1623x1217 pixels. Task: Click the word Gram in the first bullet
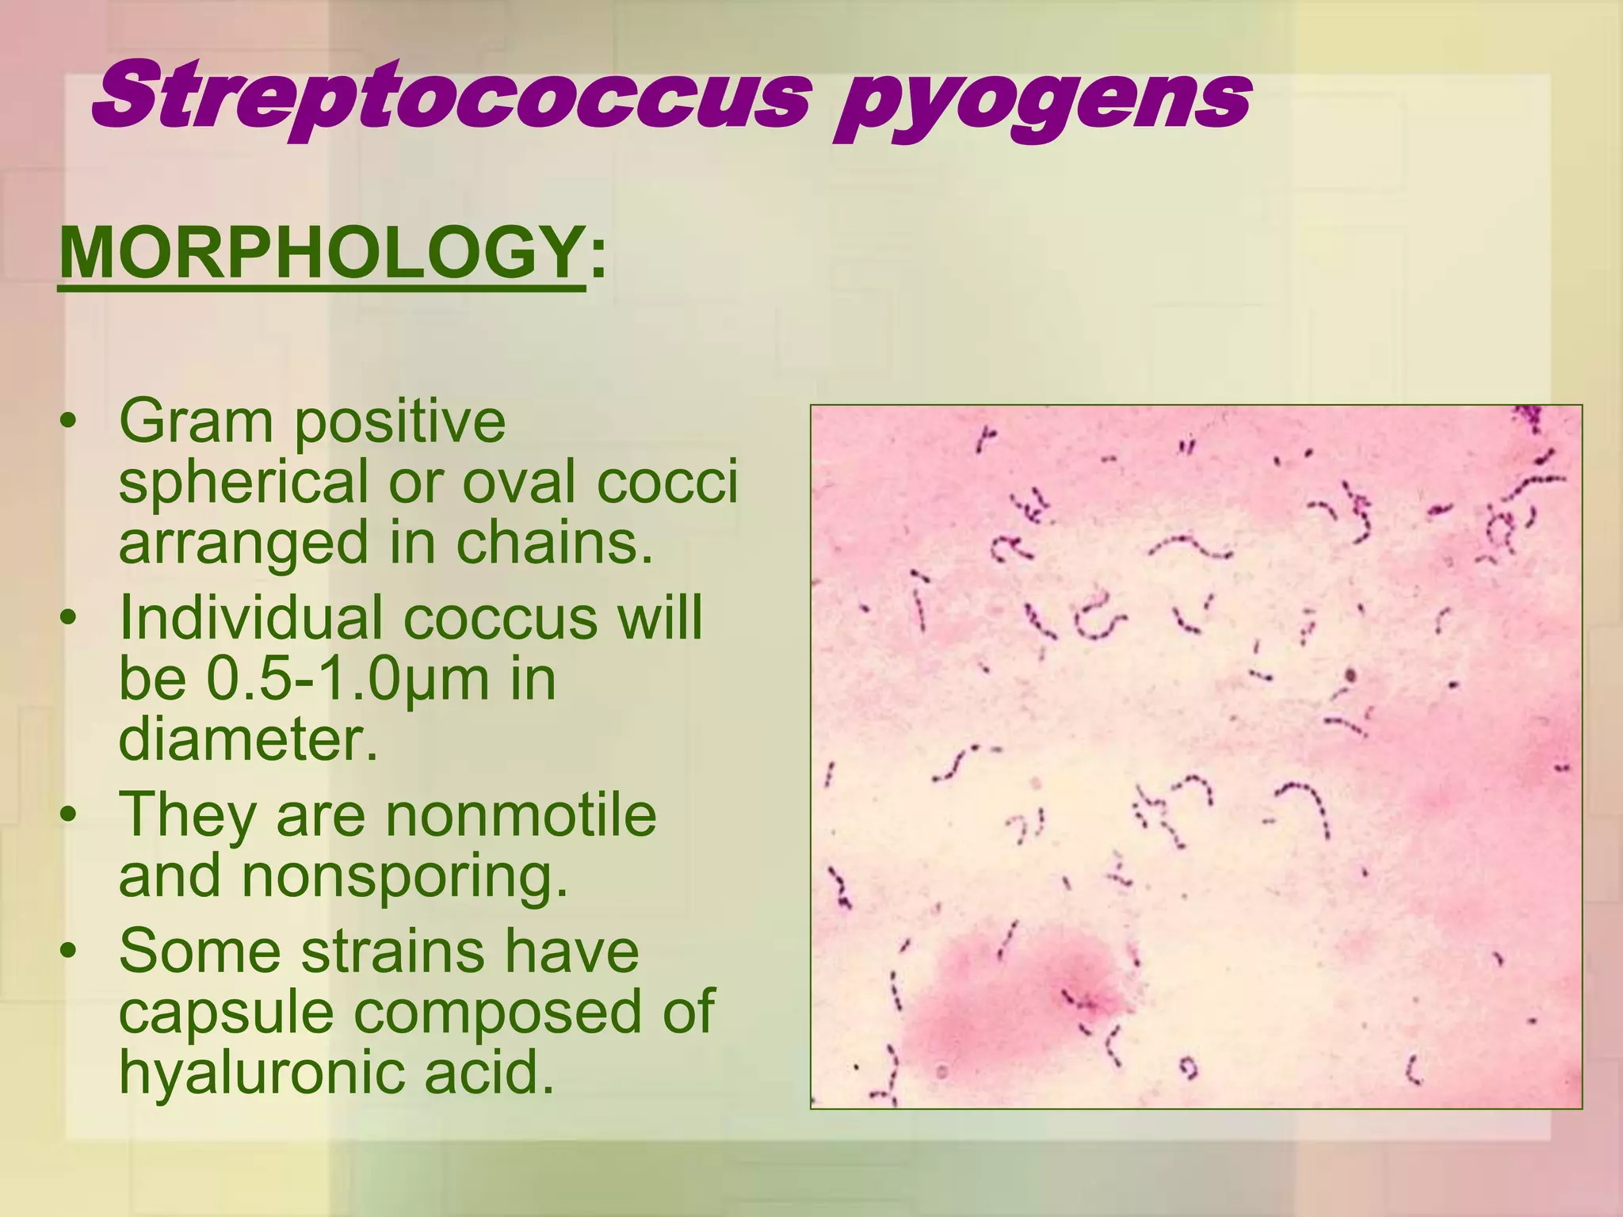[195, 422]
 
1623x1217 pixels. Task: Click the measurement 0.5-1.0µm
[348, 680]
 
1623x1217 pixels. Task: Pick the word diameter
[248, 740]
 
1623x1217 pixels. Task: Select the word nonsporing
[404, 876]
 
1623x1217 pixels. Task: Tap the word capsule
[226, 1013]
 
